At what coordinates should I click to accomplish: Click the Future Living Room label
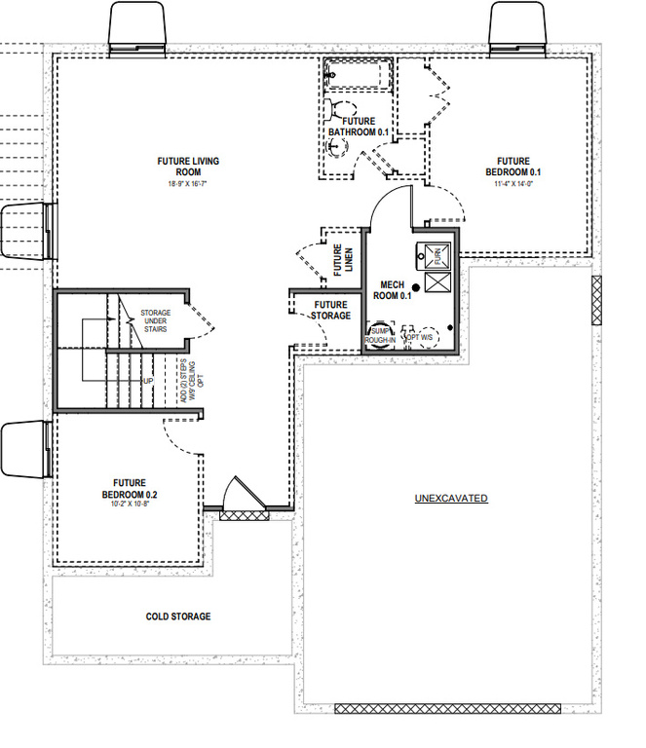pyautogui.click(x=188, y=166)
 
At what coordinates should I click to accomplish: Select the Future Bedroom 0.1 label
pyautogui.click(x=513, y=167)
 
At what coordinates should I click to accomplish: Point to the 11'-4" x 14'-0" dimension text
pyautogui.click(x=513, y=182)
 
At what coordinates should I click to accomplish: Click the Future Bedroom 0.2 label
pyautogui.click(x=129, y=488)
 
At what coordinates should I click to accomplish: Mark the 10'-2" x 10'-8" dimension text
pyautogui.click(x=129, y=504)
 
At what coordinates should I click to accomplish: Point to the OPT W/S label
pyautogui.click(x=420, y=339)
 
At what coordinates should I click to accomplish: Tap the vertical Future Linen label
pyautogui.click(x=343, y=260)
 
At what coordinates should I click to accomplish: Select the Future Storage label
pyautogui.click(x=330, y=310)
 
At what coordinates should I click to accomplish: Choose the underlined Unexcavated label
pyautogui.click(x=451, y=499)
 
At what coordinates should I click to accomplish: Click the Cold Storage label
pyautogui.click(x=178, y=617)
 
